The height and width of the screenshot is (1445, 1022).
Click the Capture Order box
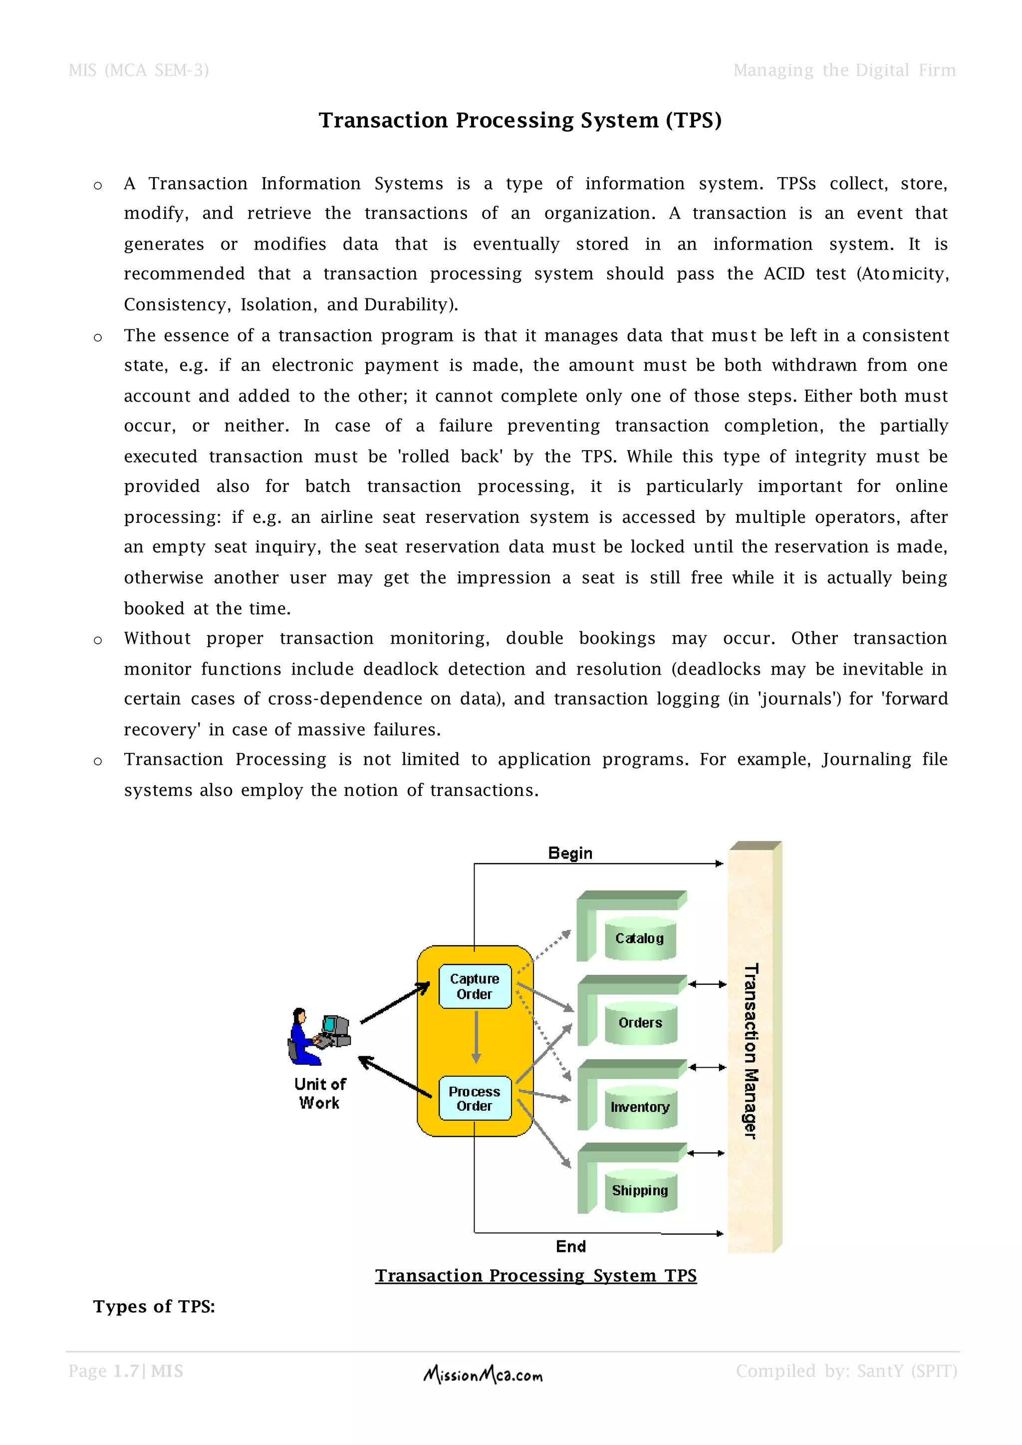pos(475,986)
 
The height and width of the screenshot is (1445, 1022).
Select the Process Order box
pos(475,1098)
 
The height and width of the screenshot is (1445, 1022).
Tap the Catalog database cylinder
pos(639,939)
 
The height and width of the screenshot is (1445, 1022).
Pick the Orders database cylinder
pos(640,1023)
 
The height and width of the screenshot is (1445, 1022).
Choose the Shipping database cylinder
pos(640,1190)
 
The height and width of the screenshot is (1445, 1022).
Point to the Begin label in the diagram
pos(570,853)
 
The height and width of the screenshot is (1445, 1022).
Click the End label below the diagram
pos(571,1246)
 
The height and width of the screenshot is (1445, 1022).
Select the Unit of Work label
pos(320,1093)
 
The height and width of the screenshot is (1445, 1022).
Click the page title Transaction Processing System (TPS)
pos(520,120)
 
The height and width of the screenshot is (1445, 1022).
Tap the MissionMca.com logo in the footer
pos(484,1375)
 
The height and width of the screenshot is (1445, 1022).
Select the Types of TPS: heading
pos(154,1307)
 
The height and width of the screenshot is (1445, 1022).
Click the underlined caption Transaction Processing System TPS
pos(535,1276)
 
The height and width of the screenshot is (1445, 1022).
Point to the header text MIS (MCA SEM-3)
pos(138,70)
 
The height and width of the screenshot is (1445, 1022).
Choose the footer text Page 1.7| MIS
pos(126,1371)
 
